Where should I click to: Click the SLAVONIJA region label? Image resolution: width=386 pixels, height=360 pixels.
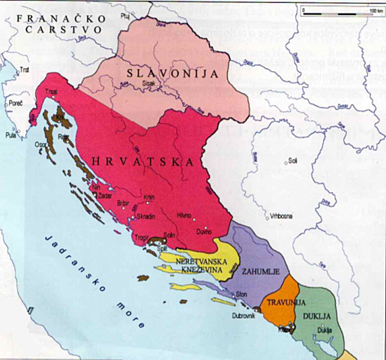point(176,73)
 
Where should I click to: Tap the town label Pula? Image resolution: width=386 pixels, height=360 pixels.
point(10,136)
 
